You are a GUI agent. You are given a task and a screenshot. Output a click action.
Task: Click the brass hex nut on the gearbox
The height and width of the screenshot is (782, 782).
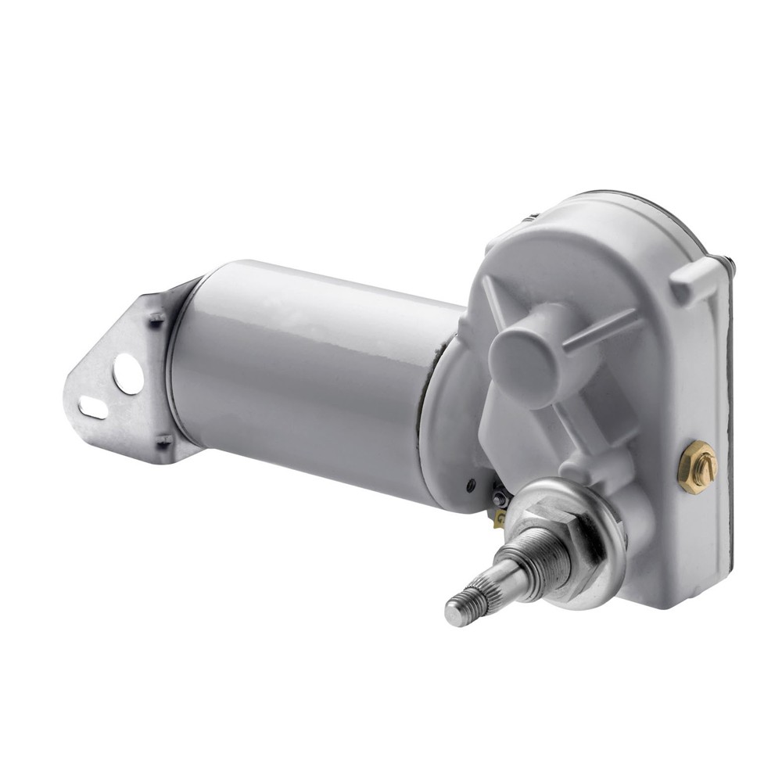[697, 468]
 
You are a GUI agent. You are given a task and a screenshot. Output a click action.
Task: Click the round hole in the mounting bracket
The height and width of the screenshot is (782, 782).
[127, 374]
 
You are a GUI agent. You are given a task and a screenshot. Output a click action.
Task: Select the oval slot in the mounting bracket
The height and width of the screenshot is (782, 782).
[94, 407]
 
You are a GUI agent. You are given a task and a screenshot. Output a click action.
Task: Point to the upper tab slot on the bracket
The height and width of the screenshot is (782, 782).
[158, 318]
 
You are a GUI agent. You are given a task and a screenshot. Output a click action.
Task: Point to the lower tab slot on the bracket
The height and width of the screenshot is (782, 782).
[162, 443]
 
